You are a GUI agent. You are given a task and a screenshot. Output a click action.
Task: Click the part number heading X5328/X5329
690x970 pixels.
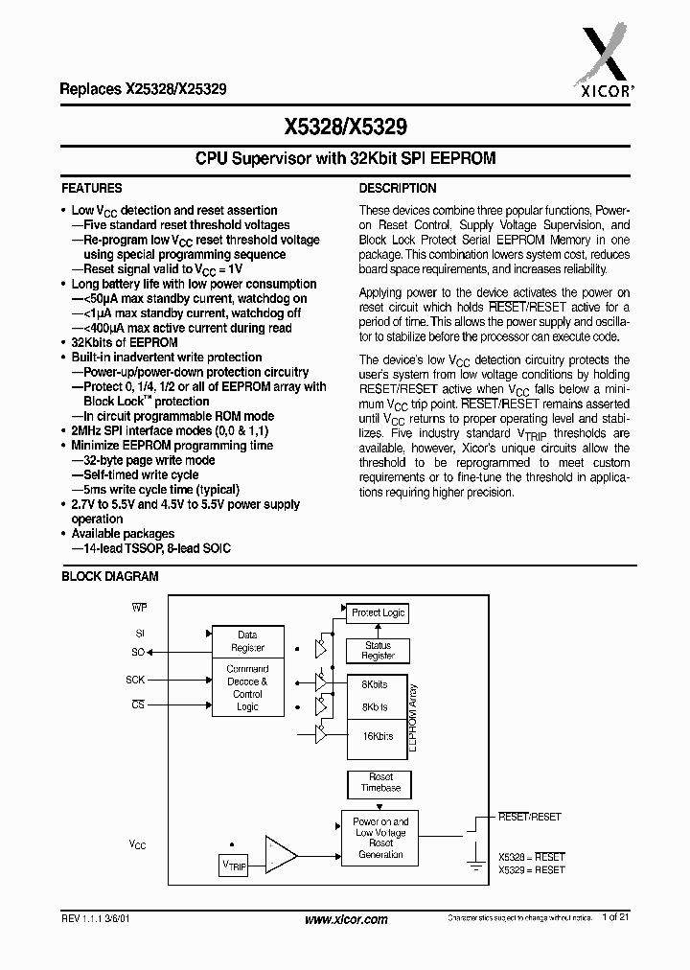pos(344,126)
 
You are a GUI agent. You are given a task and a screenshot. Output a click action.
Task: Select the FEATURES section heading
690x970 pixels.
pos(92,189)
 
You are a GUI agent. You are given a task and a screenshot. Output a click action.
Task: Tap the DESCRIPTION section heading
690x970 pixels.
pos(398,189)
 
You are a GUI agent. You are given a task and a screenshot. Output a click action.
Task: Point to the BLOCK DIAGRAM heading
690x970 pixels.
pos(110,577)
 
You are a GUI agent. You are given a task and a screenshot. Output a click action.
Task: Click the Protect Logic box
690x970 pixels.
pos(378,612)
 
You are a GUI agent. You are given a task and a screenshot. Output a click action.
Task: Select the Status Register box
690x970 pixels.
pos(378,651)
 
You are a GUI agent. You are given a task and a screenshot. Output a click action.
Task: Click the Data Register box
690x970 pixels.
pos(247,641)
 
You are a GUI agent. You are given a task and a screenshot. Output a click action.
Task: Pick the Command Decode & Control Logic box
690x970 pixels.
pos(247,687)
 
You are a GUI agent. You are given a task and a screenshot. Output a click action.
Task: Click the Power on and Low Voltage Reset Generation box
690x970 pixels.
pos(380,838)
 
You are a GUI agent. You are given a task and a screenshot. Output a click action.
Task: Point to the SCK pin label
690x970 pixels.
pos(136,680)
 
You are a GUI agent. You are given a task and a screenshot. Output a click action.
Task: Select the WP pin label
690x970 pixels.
pos(138,609)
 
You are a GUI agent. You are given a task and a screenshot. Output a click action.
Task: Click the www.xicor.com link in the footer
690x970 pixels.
pos(346,919)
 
